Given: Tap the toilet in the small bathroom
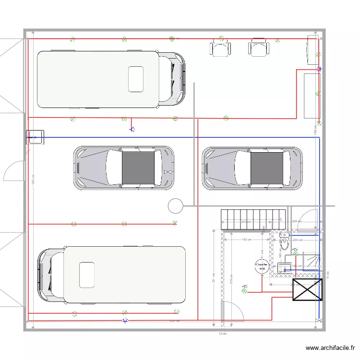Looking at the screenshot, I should pos(284,242).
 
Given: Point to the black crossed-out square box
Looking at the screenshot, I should pos(307,290).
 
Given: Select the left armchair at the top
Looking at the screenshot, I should pos(220,48).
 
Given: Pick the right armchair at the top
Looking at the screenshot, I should pos(259,48).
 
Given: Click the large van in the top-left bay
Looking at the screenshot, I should pos(111,79).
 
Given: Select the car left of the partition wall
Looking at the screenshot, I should pos(124,168).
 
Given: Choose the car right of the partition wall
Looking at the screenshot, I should pos(252,167).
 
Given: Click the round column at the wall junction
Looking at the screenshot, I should pos(176,206).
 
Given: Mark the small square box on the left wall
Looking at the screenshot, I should pos(35,137).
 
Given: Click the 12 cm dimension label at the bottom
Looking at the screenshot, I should pos(222,333).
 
